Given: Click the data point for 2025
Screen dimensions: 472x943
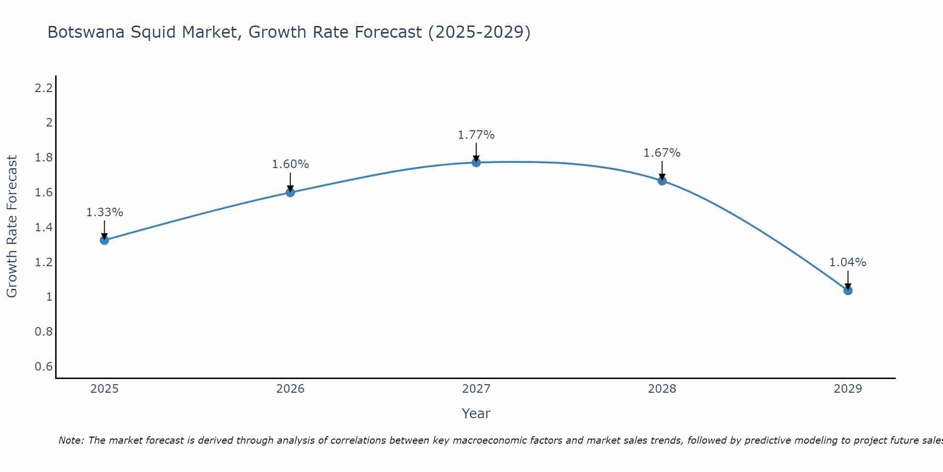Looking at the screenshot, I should (104, 240).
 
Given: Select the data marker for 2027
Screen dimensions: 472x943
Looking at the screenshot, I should (476, 162).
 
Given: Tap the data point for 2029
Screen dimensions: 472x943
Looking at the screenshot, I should (848, 290).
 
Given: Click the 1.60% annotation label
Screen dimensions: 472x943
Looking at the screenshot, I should (290, 164).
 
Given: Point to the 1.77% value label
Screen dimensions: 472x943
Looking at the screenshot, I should (476, 135).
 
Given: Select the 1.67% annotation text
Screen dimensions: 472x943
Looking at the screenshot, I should (662, 153).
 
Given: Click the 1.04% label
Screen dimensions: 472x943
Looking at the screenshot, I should (848, 262).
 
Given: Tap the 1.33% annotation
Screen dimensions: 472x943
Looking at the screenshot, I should (104, 212).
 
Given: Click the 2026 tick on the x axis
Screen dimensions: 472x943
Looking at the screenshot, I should (290, 389).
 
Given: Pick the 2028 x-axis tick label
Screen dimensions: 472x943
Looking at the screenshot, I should (662, 389).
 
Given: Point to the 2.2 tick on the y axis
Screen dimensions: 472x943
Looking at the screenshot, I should (43, 88).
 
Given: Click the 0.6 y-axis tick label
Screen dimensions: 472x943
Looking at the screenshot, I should (43, 367).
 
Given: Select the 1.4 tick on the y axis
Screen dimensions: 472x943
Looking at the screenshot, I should (43, 228).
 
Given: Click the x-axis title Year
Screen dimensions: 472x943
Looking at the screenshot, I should (476, 413).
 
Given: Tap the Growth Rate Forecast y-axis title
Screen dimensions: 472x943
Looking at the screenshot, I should (12, 227).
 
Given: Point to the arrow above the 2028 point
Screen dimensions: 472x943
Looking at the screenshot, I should (662, 170).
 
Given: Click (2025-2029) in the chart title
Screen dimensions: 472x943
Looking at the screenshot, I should (479, 32).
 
